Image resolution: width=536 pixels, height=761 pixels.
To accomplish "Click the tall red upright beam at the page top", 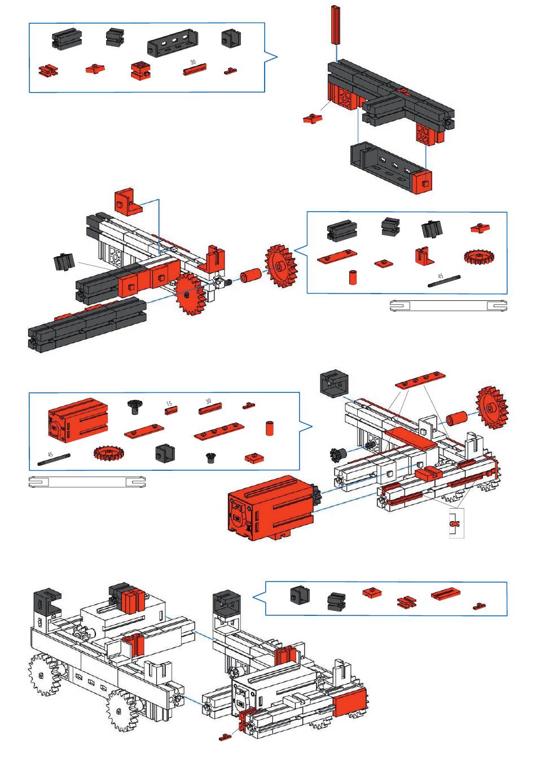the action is click(x=336, y=25).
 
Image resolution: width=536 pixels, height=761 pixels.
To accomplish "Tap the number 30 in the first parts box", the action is click(x=193, y=62).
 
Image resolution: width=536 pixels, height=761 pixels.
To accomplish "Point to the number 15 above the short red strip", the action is click(x=169, y=404).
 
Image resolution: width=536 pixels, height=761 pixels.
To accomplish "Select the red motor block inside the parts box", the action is click(x=78, y=420).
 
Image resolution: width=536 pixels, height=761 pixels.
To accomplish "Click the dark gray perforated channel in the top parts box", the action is click(x=173, y=43).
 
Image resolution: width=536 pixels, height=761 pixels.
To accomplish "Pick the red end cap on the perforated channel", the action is click(x=423, y=182).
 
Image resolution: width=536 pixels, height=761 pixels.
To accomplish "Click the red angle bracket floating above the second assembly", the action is click(x=128, y=201).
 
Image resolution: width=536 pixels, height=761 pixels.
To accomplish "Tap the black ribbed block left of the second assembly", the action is click(x=64, y=263).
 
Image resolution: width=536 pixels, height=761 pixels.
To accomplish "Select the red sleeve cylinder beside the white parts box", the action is click(x=251, y=274).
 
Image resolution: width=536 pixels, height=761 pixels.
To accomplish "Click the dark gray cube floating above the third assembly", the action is click(x=335, y=383).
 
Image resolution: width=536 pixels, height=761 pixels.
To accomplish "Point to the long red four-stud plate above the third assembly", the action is click(x=420, y=380).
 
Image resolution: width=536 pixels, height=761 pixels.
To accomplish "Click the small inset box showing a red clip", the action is click(x=456, y=523).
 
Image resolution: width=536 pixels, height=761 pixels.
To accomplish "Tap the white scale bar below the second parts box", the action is click(x=449, y=305).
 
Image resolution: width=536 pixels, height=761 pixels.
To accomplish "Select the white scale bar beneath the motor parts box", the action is click(x=87, y=482).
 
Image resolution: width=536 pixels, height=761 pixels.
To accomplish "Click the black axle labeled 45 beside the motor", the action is click(x=54, y=460).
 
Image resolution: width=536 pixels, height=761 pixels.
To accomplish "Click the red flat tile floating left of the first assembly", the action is click(x=313, y=119).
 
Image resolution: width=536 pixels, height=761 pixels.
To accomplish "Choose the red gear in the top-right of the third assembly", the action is click(x=492, y=408).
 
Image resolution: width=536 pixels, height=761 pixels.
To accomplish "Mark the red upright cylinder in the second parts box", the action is click(x=353, y=277).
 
